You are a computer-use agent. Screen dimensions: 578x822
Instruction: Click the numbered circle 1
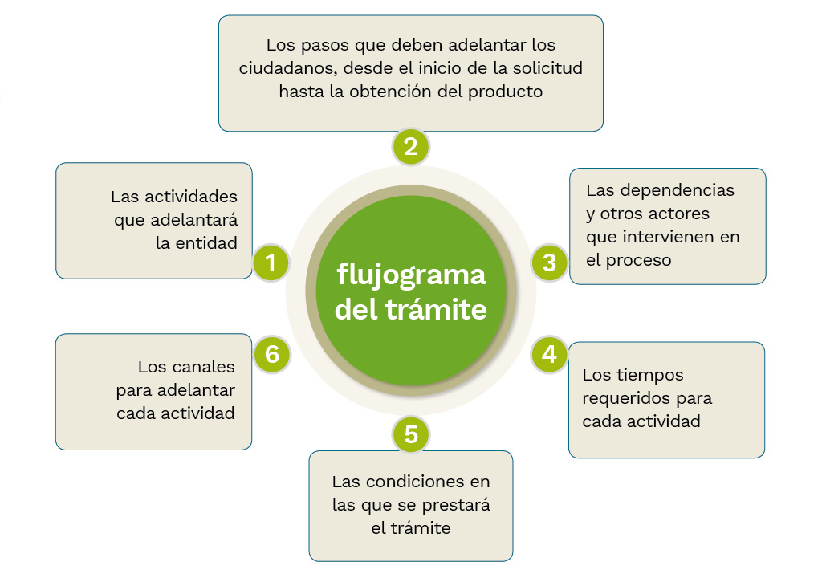(x=271, y=263)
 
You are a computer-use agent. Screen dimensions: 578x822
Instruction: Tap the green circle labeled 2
(x=411, y=148)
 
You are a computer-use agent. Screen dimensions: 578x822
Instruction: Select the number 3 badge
(x=549, y=263)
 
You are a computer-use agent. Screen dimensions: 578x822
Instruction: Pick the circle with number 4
(x=549, y=354)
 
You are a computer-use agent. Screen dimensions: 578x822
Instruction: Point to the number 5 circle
(x=411, y=434)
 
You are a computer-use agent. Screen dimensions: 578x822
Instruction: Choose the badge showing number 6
(x=271, y=354)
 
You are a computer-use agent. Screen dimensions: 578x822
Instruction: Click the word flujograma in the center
(x=411, y=275)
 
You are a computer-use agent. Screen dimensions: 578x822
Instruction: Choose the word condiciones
(x=411, y=482)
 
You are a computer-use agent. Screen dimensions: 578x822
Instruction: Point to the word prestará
(x=455, y=506)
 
